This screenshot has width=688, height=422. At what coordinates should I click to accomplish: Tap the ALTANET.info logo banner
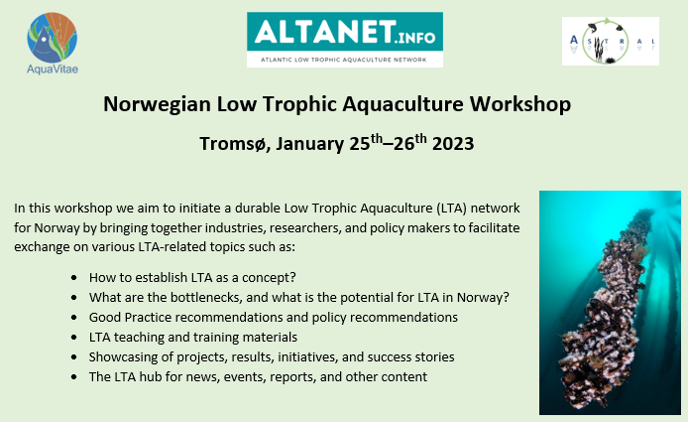click(345, 39)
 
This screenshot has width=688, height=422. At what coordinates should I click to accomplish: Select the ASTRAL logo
click(610, 42)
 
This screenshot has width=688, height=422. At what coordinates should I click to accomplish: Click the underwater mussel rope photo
click(610, 301)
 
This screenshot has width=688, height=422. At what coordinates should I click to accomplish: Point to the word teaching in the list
click(142, 337)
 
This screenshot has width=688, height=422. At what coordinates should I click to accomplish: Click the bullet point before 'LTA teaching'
click(76, 337)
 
